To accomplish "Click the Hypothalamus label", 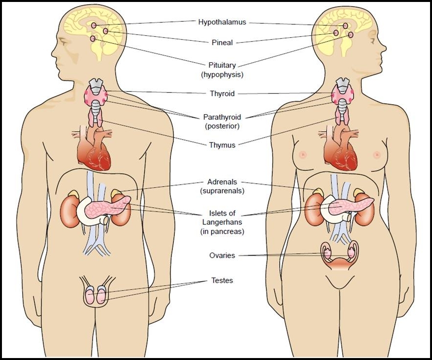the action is point(222,22).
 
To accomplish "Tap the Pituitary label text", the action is point(222,65).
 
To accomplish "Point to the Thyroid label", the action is point(222,94).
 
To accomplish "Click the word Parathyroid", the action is point(222,118).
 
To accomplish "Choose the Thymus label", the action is point(222,145).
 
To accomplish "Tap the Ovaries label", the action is point(222,255).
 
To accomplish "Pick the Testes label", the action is point(222,281).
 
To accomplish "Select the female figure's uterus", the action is point(338,260).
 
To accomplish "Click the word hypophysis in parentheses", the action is point(222,74).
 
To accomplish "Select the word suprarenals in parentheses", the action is point(222,191).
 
